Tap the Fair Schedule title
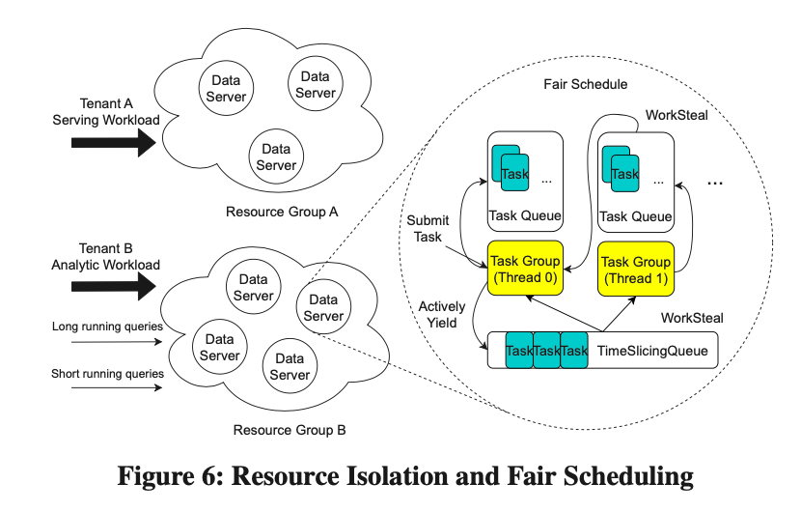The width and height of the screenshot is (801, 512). click(585, 85)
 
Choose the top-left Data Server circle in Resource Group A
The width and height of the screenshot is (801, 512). click(227, 88)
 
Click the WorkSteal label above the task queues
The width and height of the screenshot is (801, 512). click(677, 116)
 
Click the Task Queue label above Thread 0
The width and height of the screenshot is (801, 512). click(525, 216)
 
